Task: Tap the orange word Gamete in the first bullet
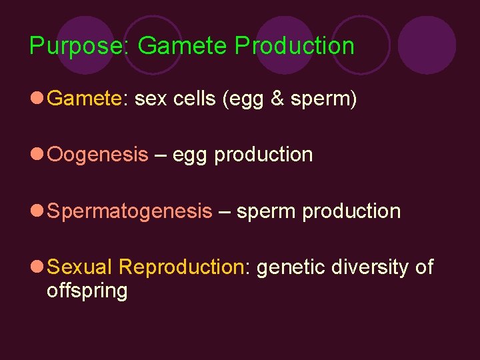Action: click(x=85, y=99)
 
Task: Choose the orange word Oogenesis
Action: click(x=98, y=155)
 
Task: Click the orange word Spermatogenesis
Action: click(x=130, y=212)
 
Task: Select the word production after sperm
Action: click(x=351, y=211)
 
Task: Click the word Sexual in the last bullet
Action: click(x=80, y=267)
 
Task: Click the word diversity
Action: click(x=369, y=267)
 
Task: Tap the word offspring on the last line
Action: click(x=87, y=291)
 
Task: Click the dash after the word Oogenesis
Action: click(x=160, y=155)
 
